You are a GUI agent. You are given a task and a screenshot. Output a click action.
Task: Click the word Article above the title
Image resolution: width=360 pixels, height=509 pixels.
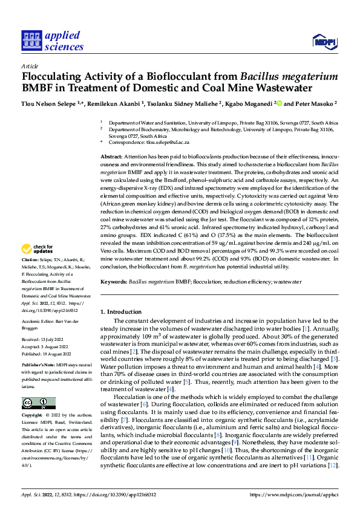[30, 67]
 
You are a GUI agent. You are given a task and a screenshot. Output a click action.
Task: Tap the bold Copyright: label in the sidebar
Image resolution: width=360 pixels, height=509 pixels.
[33, 400]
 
